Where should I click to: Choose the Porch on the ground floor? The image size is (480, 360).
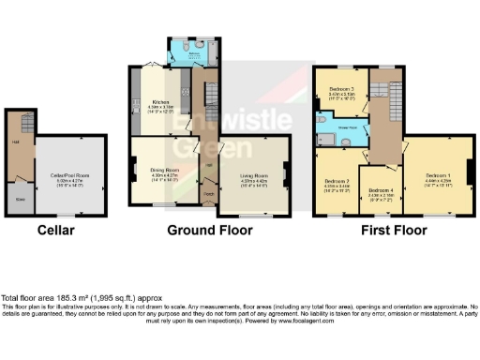pyautogui.click(x=208, y=195)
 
